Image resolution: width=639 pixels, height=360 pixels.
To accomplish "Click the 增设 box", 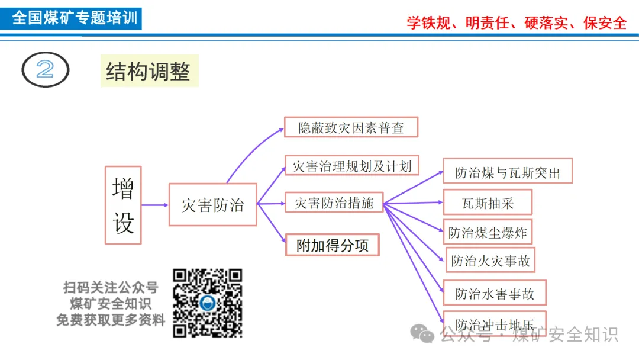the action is [x=123, y=205].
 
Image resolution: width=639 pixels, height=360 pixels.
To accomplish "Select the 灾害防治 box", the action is [x=212, y=205].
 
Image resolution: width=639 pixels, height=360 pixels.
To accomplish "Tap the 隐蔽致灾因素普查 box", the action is [x=351, y=127].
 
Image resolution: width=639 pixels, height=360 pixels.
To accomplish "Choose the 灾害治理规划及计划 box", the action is [x=352, y=166].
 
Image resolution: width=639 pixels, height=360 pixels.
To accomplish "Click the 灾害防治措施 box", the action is [x=334, y=203].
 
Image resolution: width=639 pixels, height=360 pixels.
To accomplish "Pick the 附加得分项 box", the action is [x=333, y=245].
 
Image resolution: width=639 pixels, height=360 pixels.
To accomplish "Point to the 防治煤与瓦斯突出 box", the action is [x=508, y=172].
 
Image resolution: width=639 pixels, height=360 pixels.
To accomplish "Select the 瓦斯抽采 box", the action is [x=488, y=202].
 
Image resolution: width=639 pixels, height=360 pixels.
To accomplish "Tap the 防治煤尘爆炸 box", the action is [x=488, y=232].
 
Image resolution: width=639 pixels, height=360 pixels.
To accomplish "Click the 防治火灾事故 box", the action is [x=490, y=260].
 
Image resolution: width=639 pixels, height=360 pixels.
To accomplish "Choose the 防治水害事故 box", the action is [x=495, y=292].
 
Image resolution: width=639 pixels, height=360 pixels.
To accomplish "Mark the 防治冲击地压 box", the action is [x=495, y=323].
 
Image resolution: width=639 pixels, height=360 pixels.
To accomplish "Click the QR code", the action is [x=208, y=303].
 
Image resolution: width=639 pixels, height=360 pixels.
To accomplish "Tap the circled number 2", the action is [x=46, y=70].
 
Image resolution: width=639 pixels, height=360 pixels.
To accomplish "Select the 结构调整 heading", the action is [x=149, y=72].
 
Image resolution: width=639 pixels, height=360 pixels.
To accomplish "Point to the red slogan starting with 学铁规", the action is [x=516, y=22].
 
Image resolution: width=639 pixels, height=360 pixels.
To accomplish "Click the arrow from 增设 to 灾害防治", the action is [x=155, y=205].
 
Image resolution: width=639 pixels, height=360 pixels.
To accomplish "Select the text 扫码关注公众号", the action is [x=111, y=288].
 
